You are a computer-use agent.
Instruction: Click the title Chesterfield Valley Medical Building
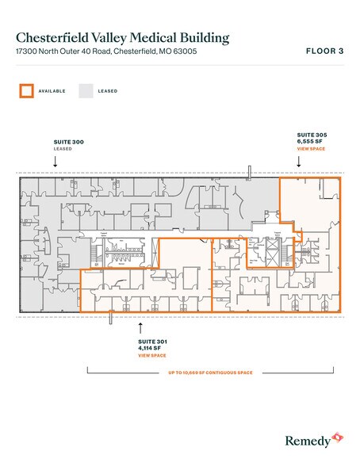coord(124,37)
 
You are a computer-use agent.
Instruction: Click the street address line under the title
coord(105,52)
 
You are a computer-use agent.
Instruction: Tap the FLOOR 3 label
coord(325,52)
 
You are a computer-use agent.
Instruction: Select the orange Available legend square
coord(27,90)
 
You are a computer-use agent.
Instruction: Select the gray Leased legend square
coord(86,90)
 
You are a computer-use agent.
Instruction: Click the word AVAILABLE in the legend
coord(52,91)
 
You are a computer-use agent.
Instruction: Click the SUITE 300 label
coord(67,141)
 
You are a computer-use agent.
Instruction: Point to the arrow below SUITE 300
coord(55,161)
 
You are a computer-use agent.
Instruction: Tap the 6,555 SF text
coord(309,142)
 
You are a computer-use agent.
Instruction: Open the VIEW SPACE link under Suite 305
coord(310,149)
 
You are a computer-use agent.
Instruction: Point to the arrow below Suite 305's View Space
coord(299,161)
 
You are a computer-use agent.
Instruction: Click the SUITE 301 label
coord(152,342)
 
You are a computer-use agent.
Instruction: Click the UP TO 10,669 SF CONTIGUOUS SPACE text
coord(209,372)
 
